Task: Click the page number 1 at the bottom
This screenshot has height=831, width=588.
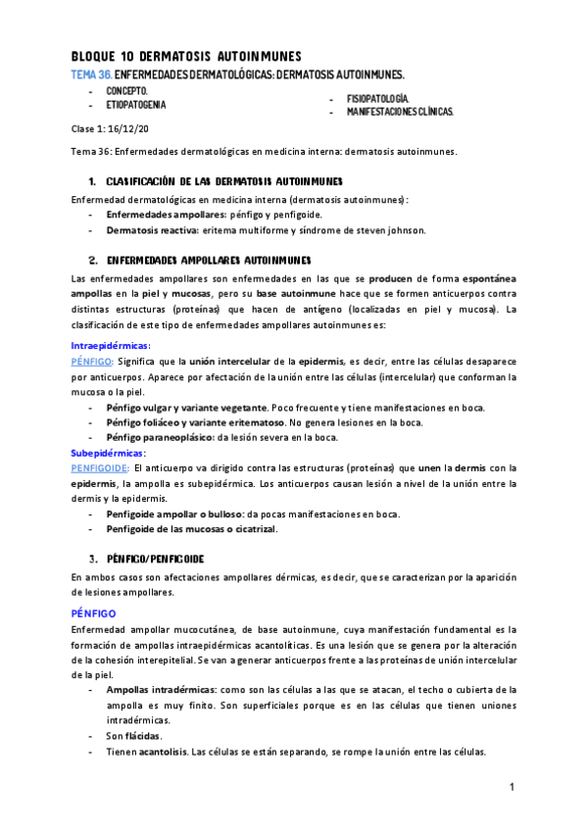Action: [x=512, y=787]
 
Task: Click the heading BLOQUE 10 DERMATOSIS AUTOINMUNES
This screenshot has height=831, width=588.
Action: [x=186, y=57]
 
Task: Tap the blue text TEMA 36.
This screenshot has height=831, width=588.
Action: [x=91, y=74]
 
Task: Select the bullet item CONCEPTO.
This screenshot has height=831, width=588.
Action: [x=127, y=90]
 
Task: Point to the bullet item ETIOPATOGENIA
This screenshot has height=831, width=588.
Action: [x=136, y=104]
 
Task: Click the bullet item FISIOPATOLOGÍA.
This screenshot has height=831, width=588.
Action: [x=376, y=99]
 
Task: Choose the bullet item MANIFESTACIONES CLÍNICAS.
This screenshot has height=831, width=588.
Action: [x=399, y=113]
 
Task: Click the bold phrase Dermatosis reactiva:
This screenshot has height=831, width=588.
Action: [x=152, y=230]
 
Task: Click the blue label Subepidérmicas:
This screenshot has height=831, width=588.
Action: [x=108, y=453]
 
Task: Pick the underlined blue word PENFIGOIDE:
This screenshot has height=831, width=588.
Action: [x=101, y=468]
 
